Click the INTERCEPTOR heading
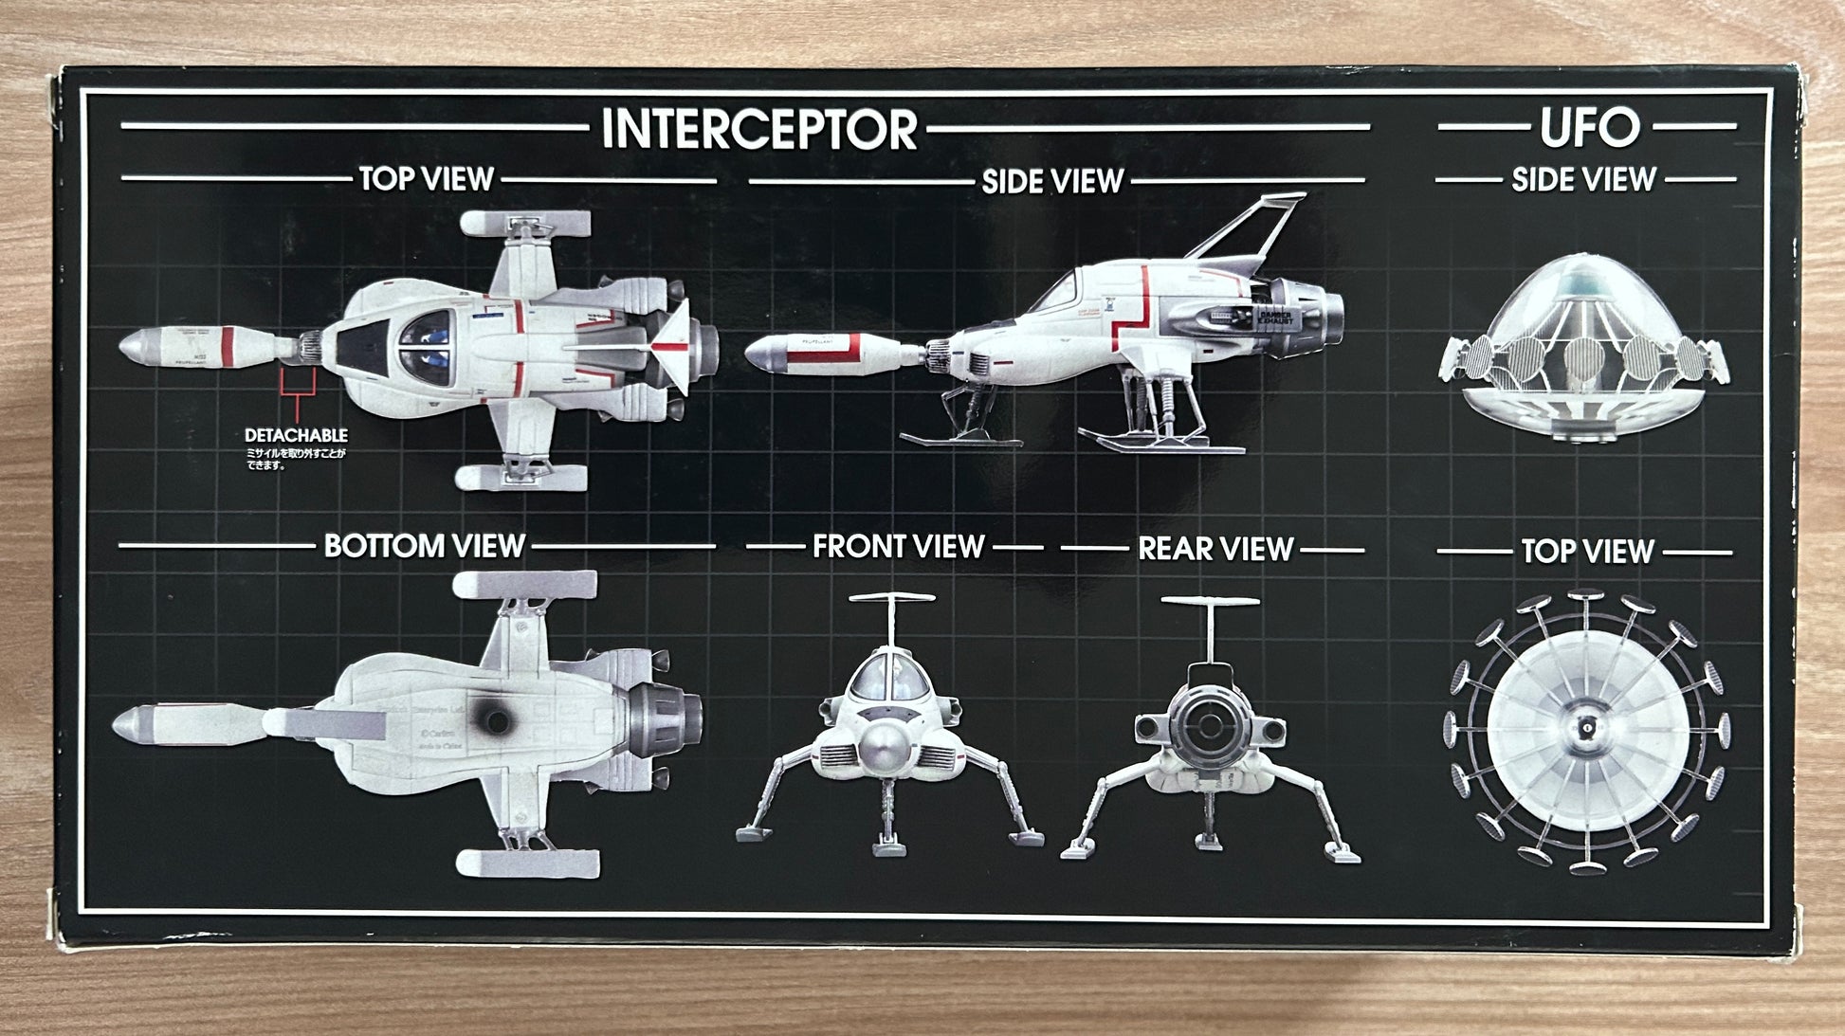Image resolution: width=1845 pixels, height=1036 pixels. point(759,129)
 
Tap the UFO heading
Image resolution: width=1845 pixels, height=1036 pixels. point(1589,128)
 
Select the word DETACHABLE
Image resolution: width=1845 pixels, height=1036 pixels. point(296,435)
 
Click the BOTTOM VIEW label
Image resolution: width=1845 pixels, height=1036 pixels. point(424,546)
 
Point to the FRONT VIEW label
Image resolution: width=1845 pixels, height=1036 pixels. point(898,547)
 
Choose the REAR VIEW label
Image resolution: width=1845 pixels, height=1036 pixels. point(1215,549)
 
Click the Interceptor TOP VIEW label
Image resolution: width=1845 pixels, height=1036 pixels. point(426,178)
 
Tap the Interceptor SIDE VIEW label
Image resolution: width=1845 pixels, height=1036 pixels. point(1052,181)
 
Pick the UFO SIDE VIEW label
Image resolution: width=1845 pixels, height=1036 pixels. point(1583,179)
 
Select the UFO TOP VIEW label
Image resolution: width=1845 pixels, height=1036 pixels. point(1587,551)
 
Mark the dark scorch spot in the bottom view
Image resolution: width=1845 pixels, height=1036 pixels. point(495,720)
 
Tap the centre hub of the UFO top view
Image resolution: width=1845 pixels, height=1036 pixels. point(1584,729)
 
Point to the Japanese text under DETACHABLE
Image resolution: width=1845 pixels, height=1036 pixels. point(295,459)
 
